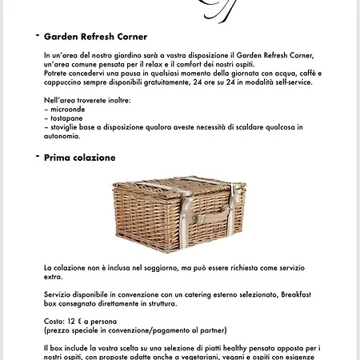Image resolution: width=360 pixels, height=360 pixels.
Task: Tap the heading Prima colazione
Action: pyautogui.click(x=79, y=158)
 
